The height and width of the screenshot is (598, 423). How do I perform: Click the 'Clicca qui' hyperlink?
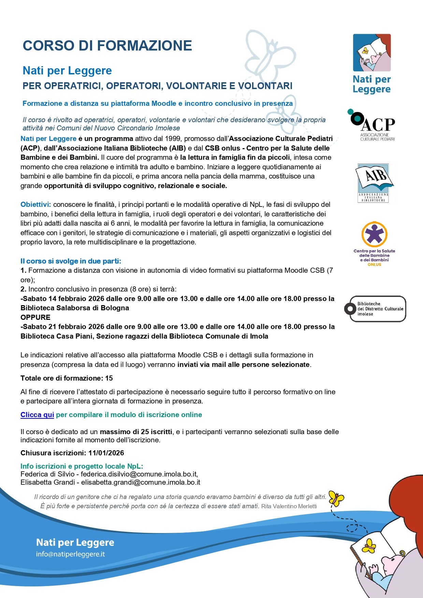[x=37, y=415]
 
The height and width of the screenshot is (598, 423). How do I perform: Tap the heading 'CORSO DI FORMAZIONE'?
[x=107, y=46]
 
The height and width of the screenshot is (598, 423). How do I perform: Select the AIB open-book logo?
[x=374, y=183]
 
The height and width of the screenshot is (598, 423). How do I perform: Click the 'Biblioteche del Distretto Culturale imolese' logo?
[x=375, y=309]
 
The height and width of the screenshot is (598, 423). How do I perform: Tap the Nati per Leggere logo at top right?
[x=372, y=63]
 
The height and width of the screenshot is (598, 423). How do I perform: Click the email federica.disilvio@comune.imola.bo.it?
[x=139, y=474]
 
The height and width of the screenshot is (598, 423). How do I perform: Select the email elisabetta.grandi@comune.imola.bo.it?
[x=141, y=482]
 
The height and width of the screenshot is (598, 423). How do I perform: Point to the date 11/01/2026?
[x=106, y=453]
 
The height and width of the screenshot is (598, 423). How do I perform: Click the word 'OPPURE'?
[x=35, y=317]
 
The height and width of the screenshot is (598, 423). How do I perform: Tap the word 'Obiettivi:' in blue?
[x=36, y=204]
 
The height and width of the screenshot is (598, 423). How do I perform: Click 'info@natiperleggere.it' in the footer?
[x=70, y=554]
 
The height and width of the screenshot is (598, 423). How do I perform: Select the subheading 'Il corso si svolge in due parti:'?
[x=71, y=261]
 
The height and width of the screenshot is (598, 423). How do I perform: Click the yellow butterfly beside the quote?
[x=336, y=499]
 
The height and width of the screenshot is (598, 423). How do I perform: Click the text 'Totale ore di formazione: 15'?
[x=67, y=378]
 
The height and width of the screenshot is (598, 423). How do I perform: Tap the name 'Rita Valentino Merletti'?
[x=289, y=506]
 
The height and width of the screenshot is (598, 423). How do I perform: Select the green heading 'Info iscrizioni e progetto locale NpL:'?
[x=82, y=466]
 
